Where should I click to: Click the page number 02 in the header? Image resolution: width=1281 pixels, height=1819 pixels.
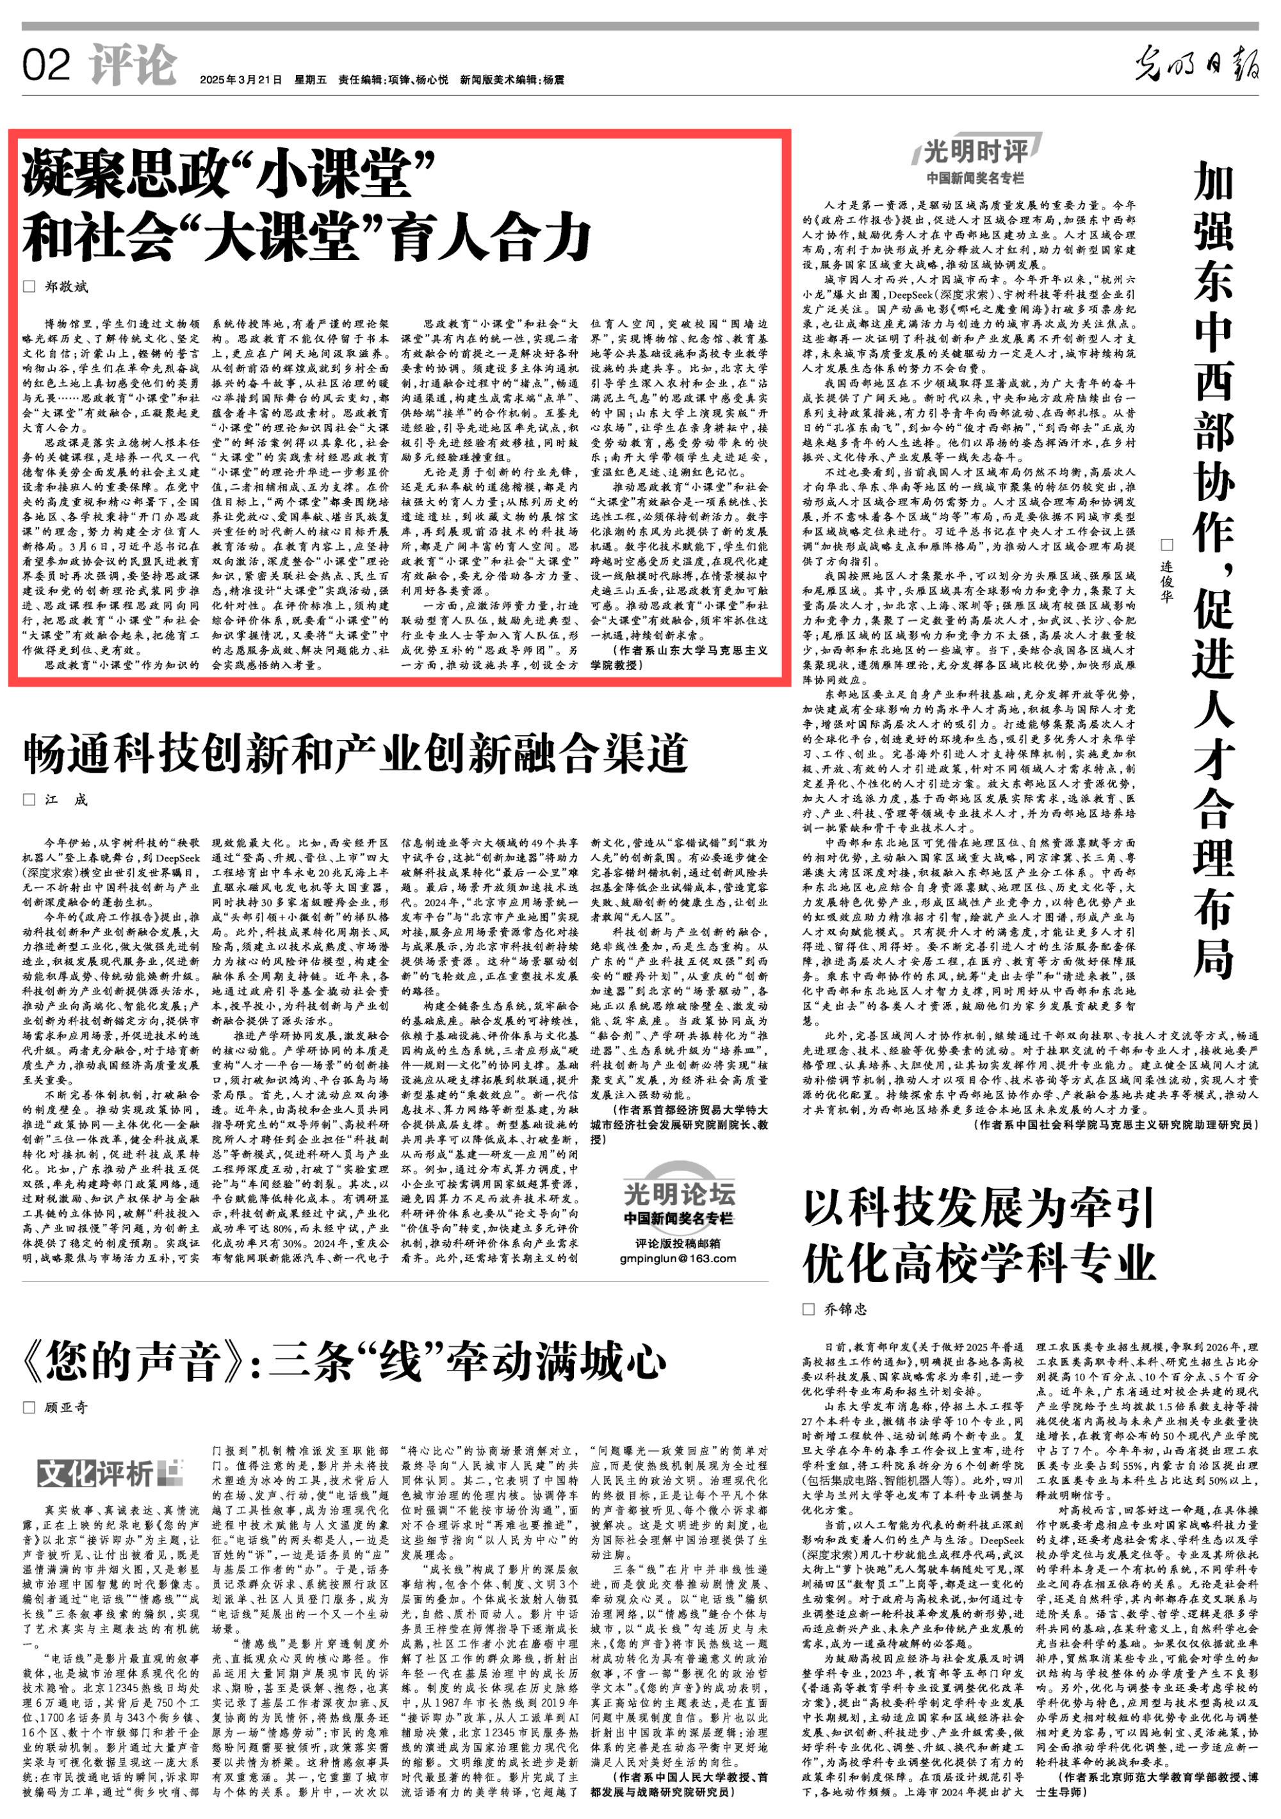[47, 65]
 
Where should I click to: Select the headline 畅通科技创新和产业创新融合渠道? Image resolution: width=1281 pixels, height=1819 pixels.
[357, 753]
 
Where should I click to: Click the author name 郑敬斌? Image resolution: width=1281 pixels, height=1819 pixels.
[66, 286]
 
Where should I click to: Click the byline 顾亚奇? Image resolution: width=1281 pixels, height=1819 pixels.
[66, 1407]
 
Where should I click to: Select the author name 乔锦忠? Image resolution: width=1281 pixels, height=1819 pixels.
[845, 1309]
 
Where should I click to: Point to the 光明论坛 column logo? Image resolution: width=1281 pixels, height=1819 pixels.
[678, 1194]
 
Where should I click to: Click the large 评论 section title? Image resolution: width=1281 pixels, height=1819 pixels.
[133, 64]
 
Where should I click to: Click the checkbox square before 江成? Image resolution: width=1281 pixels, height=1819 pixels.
[29, 800]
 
